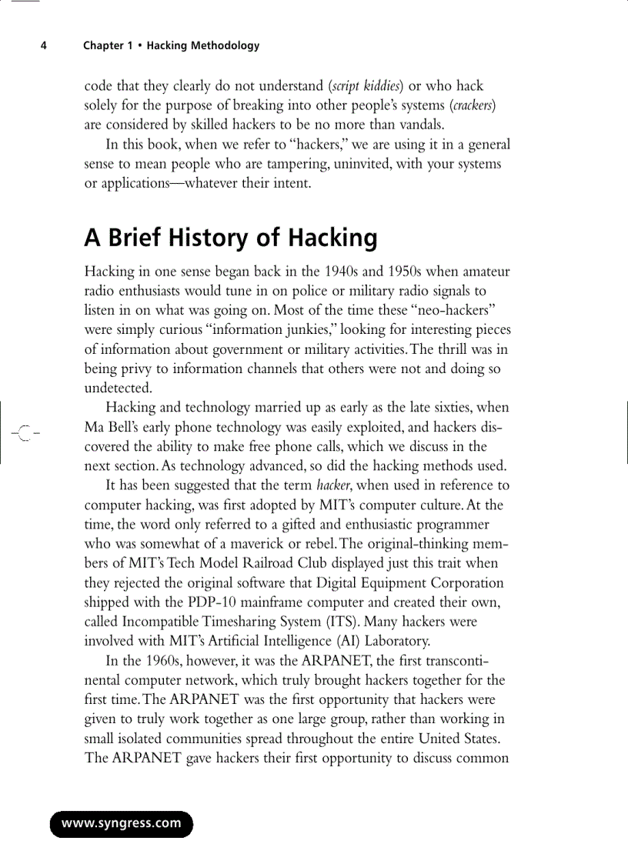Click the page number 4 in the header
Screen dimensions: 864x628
tap(44, 45)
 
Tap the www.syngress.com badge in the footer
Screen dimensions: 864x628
tap(122, 823)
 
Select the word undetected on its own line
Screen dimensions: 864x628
tap(119, 388)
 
